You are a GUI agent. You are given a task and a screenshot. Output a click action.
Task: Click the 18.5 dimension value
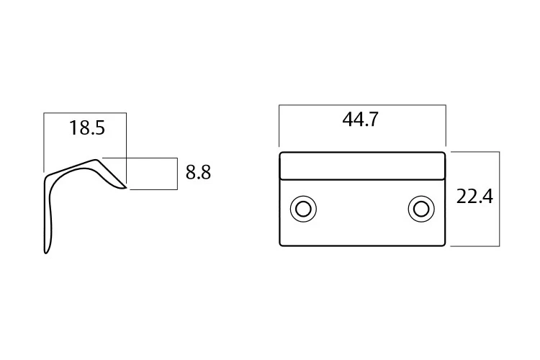[87, 128]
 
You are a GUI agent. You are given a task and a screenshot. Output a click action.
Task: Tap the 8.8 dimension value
[198, 172]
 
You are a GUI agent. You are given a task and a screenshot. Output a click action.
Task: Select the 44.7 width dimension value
[360, 120]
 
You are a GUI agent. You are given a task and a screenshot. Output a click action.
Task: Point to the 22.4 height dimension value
[474, 197]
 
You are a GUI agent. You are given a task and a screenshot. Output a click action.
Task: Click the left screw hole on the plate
[303, 209]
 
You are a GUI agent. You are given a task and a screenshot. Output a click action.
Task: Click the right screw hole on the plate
[421, 209]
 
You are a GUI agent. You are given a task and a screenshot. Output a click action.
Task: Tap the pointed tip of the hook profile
[126, 188]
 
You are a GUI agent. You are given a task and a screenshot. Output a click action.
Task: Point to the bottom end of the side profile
[46, 253]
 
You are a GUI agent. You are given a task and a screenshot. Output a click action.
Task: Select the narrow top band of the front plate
[362, 166]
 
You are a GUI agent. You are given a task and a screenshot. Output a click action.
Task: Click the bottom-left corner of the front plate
[280, 246]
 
